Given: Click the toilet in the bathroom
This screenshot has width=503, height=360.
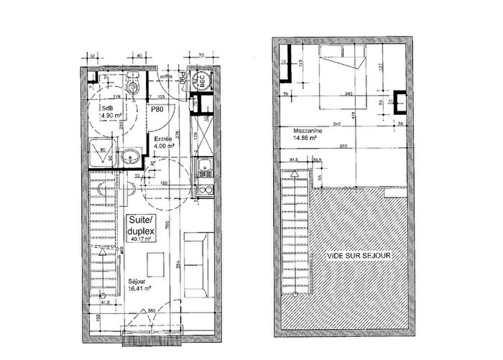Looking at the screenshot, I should click(x=134, y=85).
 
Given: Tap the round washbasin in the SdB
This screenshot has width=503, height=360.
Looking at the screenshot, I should click(x=131, y=157).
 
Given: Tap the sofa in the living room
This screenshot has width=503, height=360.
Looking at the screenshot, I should click(x=195, y=264).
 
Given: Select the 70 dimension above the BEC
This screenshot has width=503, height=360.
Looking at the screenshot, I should click(x=203, y=54).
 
